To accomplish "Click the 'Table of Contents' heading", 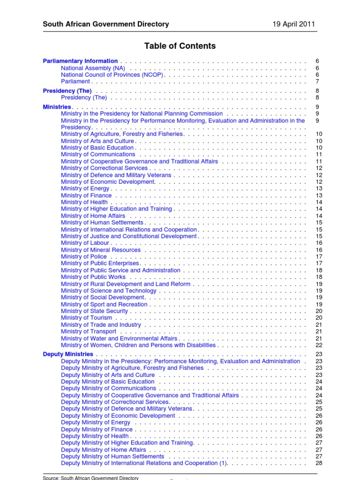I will coord(180,46).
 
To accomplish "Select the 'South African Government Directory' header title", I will coord(106,24).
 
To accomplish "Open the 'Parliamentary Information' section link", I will coord(80,61).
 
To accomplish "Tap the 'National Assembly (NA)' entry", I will coord(93,68).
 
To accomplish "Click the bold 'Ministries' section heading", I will coord(57,107).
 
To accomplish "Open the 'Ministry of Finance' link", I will coord(86,195).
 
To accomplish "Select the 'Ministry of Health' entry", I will coord(84,202).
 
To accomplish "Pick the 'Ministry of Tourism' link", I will coord(87,318).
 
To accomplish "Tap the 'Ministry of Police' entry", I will coord(84,257).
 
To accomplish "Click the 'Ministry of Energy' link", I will coord(85,188).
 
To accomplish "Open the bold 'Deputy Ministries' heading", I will coord(68,354).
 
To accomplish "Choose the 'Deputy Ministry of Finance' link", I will coord(97,429).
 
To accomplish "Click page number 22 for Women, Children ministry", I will coord(319,345).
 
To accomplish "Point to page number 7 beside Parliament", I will coord(317,82).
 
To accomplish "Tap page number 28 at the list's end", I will coord(319,463).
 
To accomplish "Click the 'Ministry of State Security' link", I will coord(94,311).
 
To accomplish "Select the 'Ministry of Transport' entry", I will coord(89,331).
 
